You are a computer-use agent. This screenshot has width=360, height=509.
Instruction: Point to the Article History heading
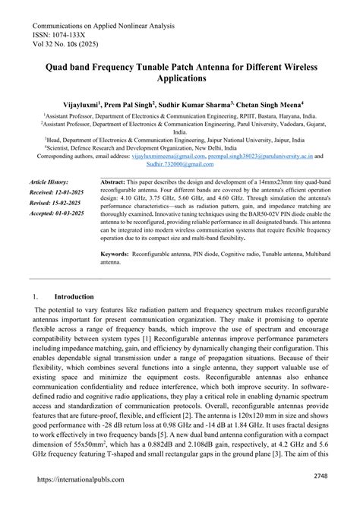[x=50, y=182]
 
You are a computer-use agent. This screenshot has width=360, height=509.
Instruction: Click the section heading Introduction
[x=74, y=298]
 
